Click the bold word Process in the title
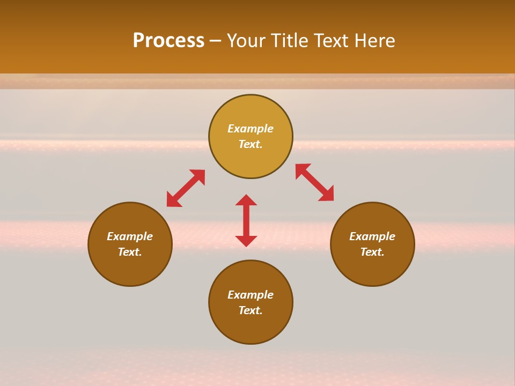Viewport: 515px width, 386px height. pos(168,41)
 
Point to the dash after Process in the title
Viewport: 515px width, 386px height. pos(215,42)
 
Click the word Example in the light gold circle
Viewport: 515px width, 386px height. pos(251,129)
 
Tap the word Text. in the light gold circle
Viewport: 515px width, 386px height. pos(251,144)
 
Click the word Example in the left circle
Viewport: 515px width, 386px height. pos(130,236)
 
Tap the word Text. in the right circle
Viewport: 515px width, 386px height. pos(372,252)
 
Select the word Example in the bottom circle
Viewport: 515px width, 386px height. pos(251,295)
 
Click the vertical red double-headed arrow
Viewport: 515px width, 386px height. pos(246,220)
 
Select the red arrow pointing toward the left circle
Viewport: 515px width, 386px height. pos(186,188)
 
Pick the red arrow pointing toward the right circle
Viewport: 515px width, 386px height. pos(315,182)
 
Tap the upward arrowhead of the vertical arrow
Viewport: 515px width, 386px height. pos(246,200)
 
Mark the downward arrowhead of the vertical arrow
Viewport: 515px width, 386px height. pos(246,241)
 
